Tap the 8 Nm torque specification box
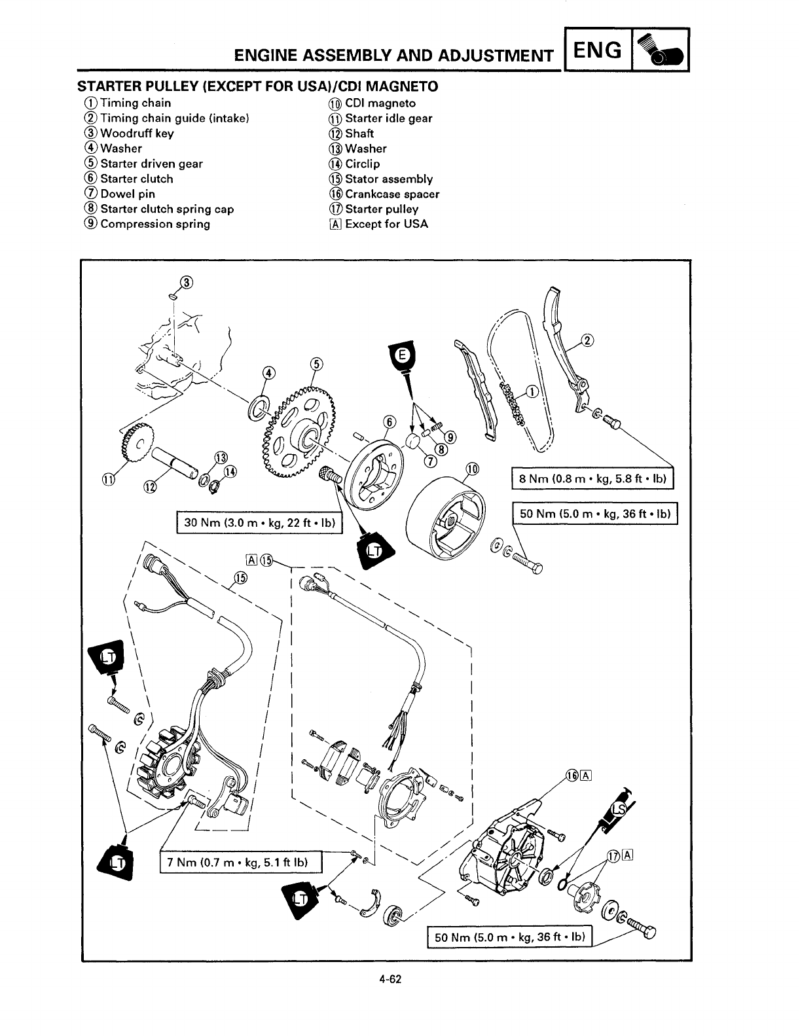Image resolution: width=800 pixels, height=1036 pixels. coord(592,479)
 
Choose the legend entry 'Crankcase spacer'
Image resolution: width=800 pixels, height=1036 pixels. coord(391,194)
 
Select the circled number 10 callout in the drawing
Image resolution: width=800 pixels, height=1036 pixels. coord(471,469)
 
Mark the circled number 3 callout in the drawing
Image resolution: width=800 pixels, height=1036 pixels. coord(187,282)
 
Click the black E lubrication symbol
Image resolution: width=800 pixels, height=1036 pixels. coord(403,357)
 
